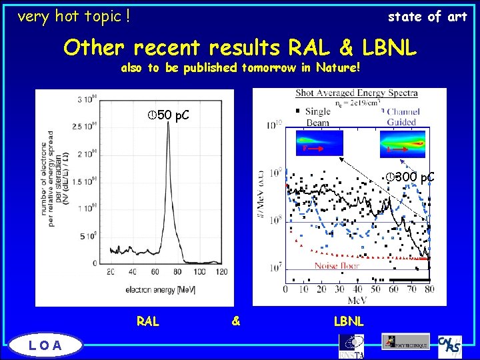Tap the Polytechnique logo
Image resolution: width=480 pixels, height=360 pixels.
click(x=405, y=341)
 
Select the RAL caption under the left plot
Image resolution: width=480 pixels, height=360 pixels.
click(x=147, y=321)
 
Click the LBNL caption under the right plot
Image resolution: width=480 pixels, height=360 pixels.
click(x=349, y=321)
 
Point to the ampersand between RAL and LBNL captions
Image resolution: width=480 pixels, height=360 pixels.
click(x=235, y=321)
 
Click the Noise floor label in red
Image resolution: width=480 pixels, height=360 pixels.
click(x=337, y=265)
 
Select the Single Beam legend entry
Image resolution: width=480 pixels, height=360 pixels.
click(x=317, y=117)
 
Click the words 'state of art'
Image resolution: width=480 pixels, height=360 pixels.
click(x=427, y=17)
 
